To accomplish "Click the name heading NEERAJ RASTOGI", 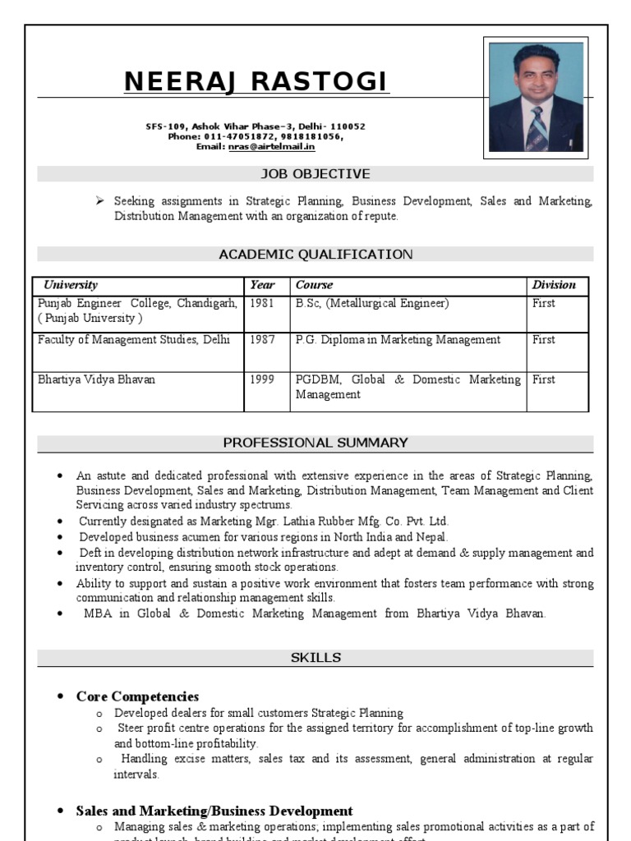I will tap(256, 82).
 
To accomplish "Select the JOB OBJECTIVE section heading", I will tap(315, 174).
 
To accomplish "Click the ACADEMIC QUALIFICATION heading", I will tap(315, 255).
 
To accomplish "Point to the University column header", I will tap(71, 285).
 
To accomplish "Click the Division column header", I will tap(554, 285).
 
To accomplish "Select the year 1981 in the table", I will tap(262, 304).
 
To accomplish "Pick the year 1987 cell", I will tap(262, 340).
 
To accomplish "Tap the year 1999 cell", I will tap(262, 380).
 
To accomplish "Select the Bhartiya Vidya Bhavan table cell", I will tap(96, 380).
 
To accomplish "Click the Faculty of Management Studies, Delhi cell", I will tap(134, 340).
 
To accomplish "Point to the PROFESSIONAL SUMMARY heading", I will tap(315, 443).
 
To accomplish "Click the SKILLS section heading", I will tap(315, 658).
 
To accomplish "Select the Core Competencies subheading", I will tap(137, 696).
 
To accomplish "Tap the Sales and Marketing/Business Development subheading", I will tap(214, 811).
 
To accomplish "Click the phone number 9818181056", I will tap(312, 137).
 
